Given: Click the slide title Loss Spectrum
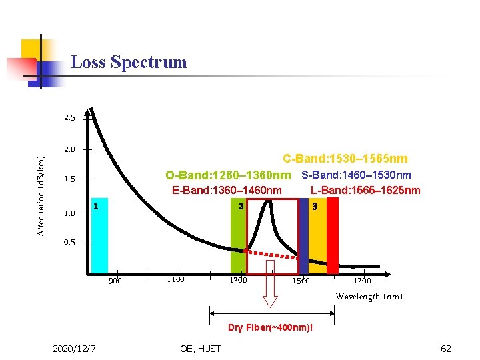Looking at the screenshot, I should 129,63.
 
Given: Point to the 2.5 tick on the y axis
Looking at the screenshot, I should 70,119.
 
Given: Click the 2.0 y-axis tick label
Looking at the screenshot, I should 70,150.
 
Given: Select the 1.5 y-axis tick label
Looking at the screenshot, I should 70,180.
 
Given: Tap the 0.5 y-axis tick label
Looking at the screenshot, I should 70,243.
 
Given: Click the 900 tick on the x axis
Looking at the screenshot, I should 115,281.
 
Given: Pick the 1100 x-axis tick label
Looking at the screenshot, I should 175,280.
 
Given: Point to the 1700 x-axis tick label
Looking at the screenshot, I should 362,281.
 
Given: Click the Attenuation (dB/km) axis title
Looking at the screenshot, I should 41,196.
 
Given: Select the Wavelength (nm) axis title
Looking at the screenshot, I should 369,297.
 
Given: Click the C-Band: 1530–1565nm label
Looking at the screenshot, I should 345,159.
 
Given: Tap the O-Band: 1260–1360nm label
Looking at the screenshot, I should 229,176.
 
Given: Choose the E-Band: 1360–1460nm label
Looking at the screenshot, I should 227,191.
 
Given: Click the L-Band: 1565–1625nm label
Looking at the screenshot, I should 365,191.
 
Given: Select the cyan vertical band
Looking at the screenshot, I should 99,237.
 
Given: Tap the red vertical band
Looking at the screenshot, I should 333,237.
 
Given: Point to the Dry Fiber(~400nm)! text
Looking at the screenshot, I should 270,328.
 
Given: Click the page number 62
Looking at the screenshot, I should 445,349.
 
